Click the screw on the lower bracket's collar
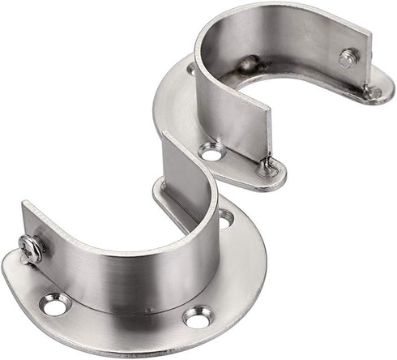(x=31, y=248)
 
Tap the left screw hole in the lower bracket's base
(x=55, y=305)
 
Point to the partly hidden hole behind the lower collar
(x=224, y=217)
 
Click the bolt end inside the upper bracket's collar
(x=349, y=58)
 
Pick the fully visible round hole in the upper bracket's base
(x=211, y=151)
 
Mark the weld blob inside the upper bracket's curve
(x=248, y=64)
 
